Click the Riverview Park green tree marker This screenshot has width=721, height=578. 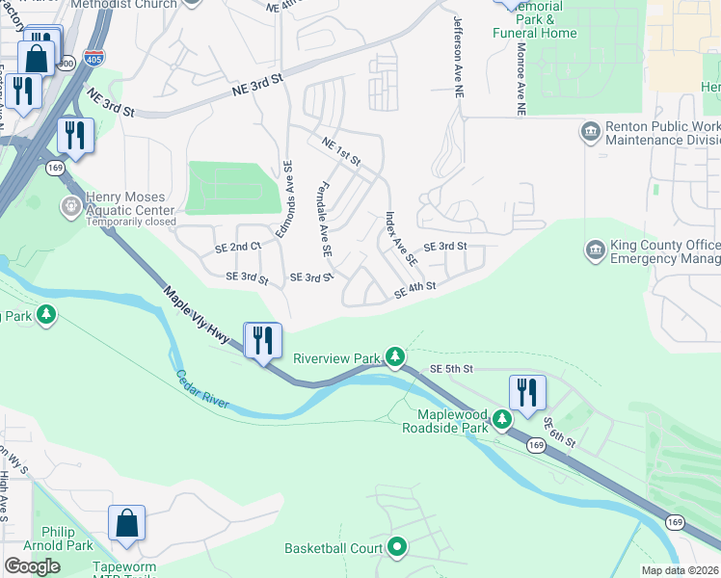(x=395, y=357)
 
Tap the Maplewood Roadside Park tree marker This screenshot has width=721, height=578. (x=501, y=419)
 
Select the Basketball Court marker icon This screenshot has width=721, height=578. (x=398, y=548)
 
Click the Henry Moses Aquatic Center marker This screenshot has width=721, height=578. (x=70, y=205)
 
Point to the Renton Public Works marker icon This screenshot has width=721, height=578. (x=589, y=129)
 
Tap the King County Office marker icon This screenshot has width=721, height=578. (x=595, y=250)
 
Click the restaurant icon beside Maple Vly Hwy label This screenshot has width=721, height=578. (x=261, y=342)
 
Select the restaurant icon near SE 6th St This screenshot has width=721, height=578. (x=526, y=393)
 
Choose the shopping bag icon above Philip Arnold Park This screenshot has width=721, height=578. (x=126, y=524)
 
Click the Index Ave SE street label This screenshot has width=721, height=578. (x=400, y=239)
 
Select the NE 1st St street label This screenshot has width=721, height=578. (x=341, y=150)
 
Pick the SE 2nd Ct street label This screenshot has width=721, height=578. (x=238, y=248)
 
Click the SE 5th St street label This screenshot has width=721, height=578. (x=451, y=369)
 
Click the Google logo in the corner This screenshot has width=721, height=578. (x=32, y=566)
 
